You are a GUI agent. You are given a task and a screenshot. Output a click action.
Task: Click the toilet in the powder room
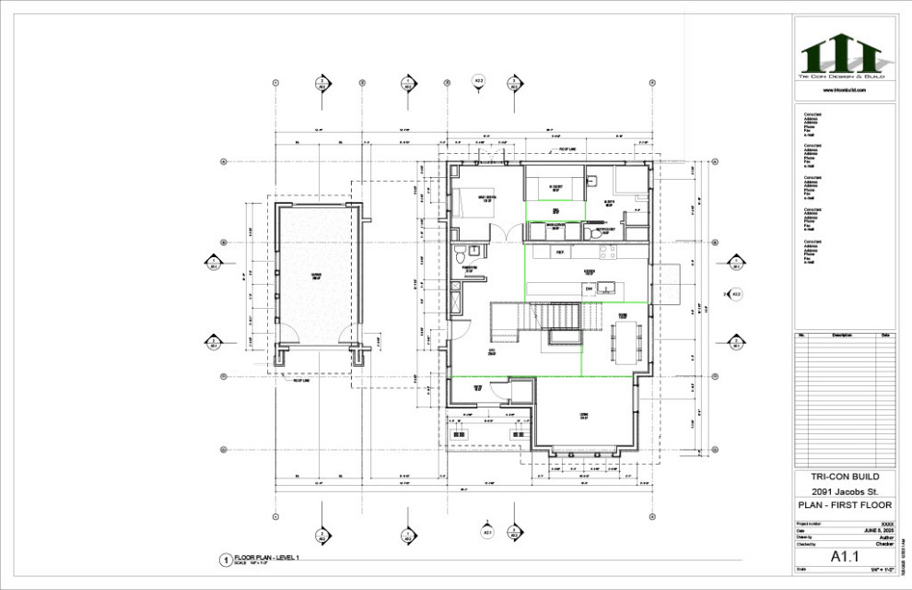pos(472,249)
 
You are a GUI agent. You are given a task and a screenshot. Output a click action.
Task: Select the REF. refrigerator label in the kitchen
pos(559,251)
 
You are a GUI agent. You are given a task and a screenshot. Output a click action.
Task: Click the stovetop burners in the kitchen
pos(605,251)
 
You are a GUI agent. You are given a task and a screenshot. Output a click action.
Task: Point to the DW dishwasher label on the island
pos(588,289)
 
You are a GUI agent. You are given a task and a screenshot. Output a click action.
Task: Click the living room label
pos(583,416)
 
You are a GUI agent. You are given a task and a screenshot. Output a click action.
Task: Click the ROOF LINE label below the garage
pos(300,380)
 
